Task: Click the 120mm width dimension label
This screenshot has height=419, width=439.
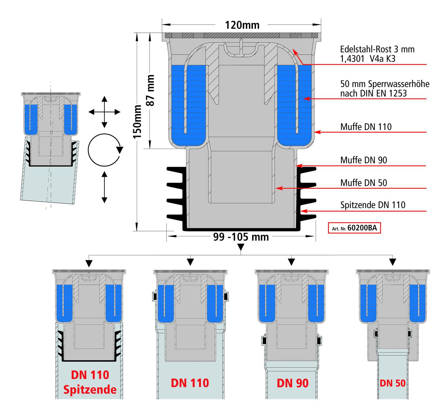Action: click(242, 25)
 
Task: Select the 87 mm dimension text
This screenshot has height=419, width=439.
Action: click(151, 90)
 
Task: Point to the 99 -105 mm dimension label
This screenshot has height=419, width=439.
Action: click(241, 237)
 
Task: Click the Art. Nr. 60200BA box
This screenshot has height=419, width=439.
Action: click(354, 228)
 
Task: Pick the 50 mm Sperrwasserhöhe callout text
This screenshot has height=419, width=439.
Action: click(385, 89)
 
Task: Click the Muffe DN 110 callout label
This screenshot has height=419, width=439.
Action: click(366, 127)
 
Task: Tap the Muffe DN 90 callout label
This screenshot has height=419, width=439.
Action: click(364, 160)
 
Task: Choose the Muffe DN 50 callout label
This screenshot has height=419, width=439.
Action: click(364, 183)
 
